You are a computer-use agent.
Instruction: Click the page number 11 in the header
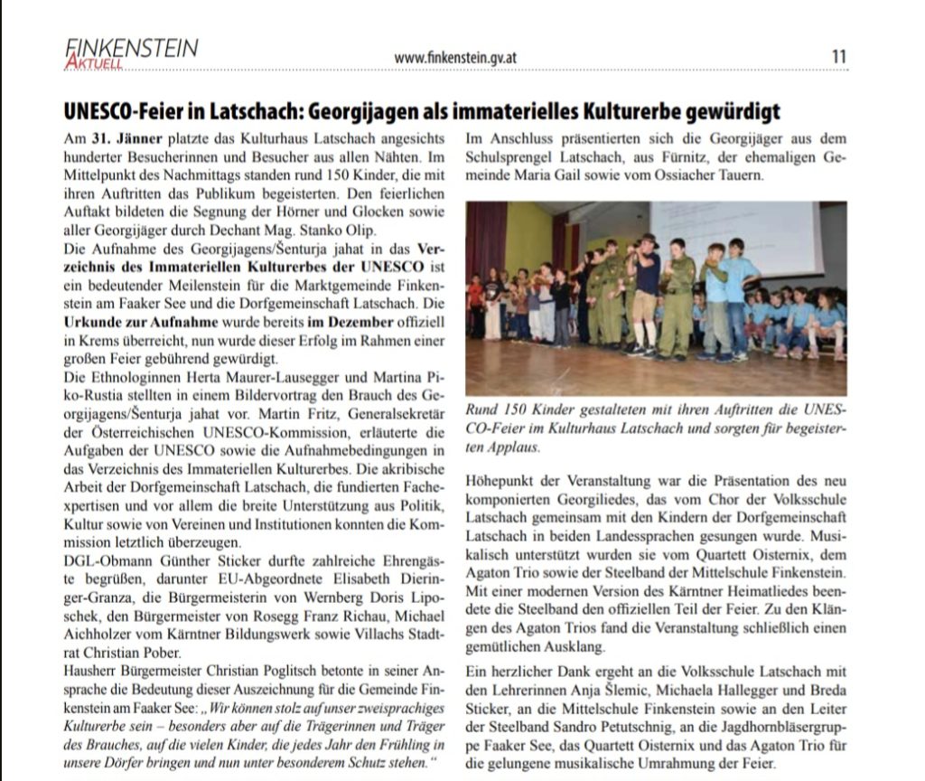pyautogui.click(x=839, y=56)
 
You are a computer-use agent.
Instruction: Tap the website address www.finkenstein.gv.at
pyautogui.click(x=455, y=58)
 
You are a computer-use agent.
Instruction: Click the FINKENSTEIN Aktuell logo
pyautogui.click(x=131, y=52)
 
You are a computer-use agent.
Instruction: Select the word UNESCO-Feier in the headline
pyautogui.click(x=118, y=111)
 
